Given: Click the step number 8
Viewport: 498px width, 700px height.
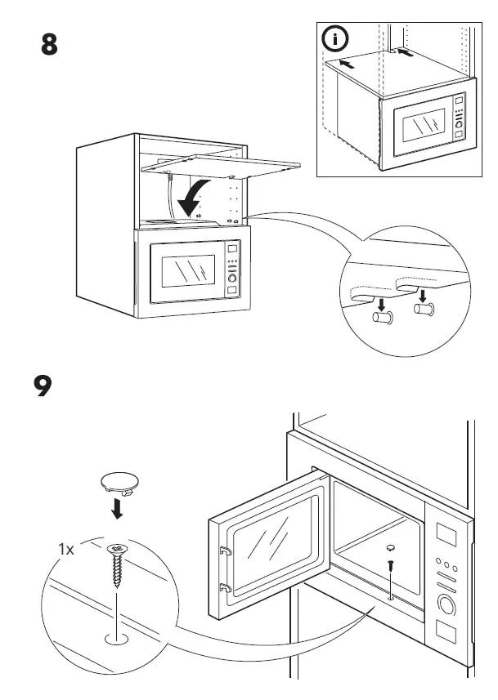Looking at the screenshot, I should click(49, 45).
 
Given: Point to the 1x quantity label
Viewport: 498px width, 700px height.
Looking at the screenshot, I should click(66, 550).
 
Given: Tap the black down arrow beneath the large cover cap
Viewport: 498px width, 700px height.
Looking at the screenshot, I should click(118, 510).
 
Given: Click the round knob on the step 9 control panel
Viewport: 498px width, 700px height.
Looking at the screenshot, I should click(447, 605).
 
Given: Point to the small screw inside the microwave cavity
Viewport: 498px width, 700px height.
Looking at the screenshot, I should click(391, 564).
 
